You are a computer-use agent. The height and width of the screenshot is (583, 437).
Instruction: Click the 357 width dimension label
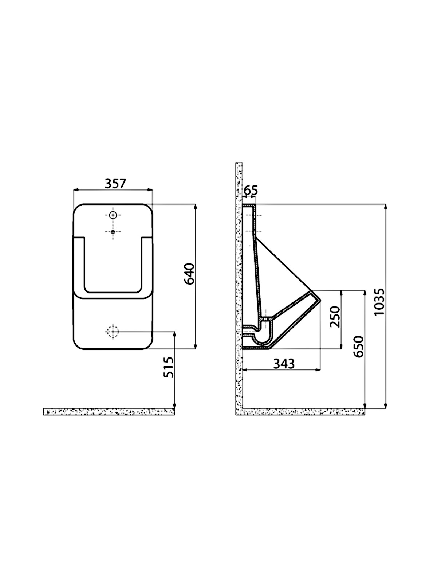pyautogui.click(x=115, y=184)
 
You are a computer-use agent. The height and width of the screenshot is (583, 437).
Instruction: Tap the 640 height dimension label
pyautogui.click(x=190, y=274)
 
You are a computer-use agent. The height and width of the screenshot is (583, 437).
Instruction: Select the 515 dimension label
pyautogui.click(x=169, y=367)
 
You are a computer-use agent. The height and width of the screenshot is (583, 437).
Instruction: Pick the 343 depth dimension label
pyautogui.click(x=284, y=364)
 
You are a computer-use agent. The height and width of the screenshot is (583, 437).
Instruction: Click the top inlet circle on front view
pyautogui.click(x=113, y=215)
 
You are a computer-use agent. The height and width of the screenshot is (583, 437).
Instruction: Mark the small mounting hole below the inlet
pyautogui.click(x=113, y=232)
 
